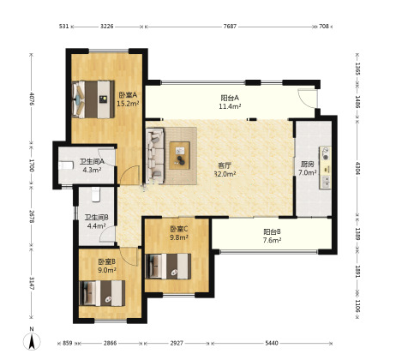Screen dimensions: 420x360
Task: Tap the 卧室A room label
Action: [128, 95]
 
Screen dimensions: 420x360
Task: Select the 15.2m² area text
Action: [128, 104]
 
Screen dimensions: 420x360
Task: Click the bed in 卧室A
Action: [93, 99]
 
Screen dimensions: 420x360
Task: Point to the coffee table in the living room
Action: [179, 155]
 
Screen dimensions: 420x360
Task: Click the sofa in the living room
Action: [155, 156]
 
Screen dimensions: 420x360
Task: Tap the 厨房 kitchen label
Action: [308, 165]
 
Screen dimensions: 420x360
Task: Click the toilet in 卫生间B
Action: [96, 195]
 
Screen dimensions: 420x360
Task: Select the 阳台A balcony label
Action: [230, 98]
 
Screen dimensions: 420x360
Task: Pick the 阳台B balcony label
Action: [272, 231]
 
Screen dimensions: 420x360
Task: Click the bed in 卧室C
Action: [168, 267]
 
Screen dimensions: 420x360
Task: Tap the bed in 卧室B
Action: [102, 293]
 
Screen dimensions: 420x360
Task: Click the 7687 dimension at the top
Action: [230, 27]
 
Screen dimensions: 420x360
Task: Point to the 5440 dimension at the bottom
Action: [272, 343]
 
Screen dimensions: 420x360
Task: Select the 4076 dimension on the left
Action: [32, 99]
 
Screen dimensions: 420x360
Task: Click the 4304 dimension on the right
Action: [357, 168]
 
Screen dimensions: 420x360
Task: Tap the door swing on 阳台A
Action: [307, 99]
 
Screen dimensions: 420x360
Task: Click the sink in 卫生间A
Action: [66, 165]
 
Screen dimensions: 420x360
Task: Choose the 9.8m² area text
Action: [179, 237]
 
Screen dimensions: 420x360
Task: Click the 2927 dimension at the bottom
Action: [177, 343]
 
